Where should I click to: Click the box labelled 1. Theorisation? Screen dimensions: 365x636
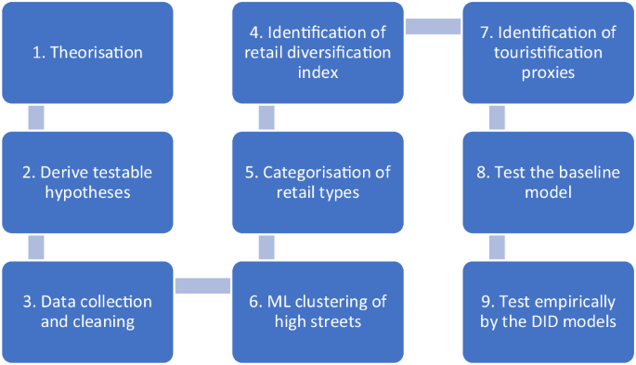[87, 52]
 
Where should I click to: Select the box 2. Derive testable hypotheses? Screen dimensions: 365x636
[87, 182]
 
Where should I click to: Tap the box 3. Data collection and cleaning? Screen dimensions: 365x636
[87, 312]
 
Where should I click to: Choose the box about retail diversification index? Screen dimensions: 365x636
[318, 52]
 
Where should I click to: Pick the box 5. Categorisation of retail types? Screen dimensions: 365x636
[318, 182]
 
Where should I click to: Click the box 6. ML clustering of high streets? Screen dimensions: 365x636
[318, 312]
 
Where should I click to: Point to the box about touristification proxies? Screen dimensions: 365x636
[549, 52]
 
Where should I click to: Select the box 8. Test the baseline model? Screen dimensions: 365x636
[549, 182]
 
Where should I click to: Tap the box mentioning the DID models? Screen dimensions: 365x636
[549, 312]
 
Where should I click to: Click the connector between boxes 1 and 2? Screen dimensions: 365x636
[36, 117]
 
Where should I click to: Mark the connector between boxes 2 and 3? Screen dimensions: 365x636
[36, 247]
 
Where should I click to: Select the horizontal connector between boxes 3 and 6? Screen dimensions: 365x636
[202, 285]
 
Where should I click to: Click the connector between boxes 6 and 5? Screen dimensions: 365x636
[266, 247]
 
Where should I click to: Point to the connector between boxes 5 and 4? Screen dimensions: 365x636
[266, 117]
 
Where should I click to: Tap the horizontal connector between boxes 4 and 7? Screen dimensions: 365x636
[434, 25]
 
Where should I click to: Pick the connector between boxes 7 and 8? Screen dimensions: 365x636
[497, 117]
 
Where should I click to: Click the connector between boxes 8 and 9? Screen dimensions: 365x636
[497, 247]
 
